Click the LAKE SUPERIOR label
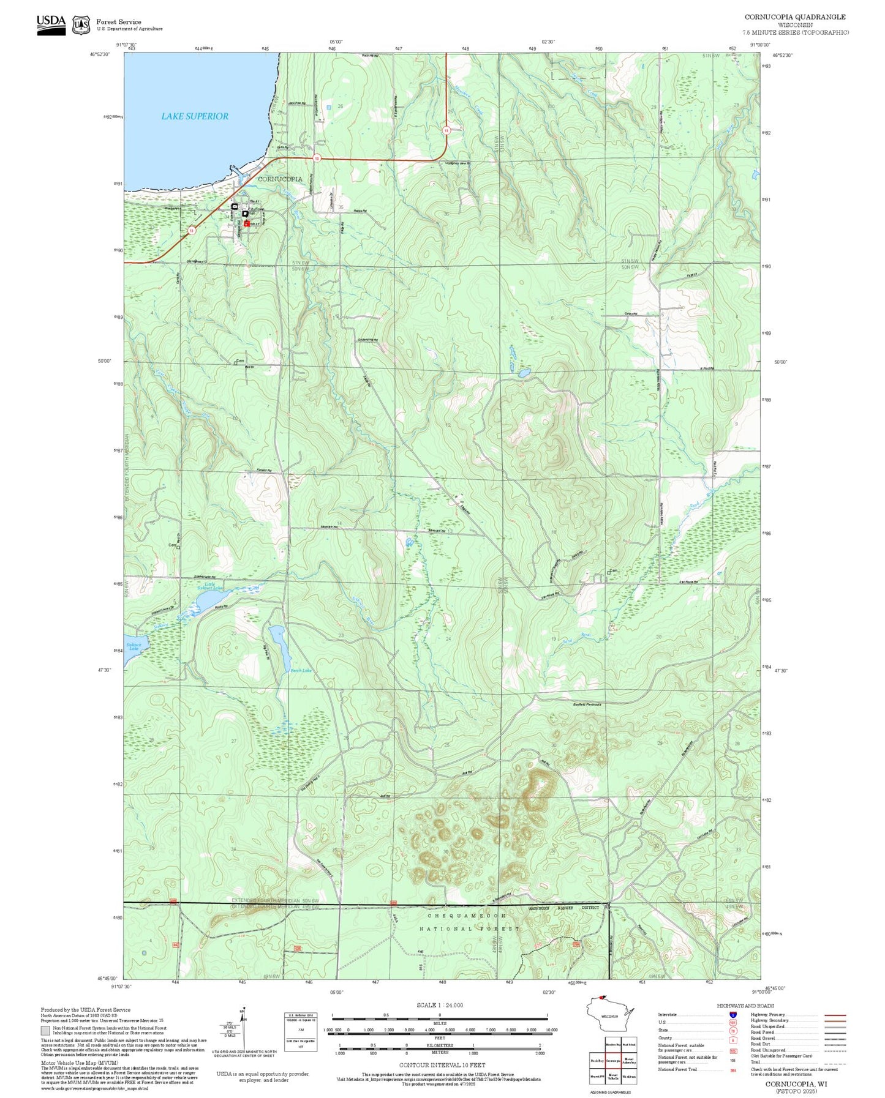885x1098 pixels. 195,116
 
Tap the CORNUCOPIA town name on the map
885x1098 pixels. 280,179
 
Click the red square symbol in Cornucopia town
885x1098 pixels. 247,224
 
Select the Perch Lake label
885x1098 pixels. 301,671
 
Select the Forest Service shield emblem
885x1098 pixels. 81,25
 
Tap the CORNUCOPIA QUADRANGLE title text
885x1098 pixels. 794,17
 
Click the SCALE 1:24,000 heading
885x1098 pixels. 439,1005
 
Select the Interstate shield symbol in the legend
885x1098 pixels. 732,1015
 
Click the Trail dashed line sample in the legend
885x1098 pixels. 835,1064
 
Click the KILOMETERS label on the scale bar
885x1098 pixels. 440,1045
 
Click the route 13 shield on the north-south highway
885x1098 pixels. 446,130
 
